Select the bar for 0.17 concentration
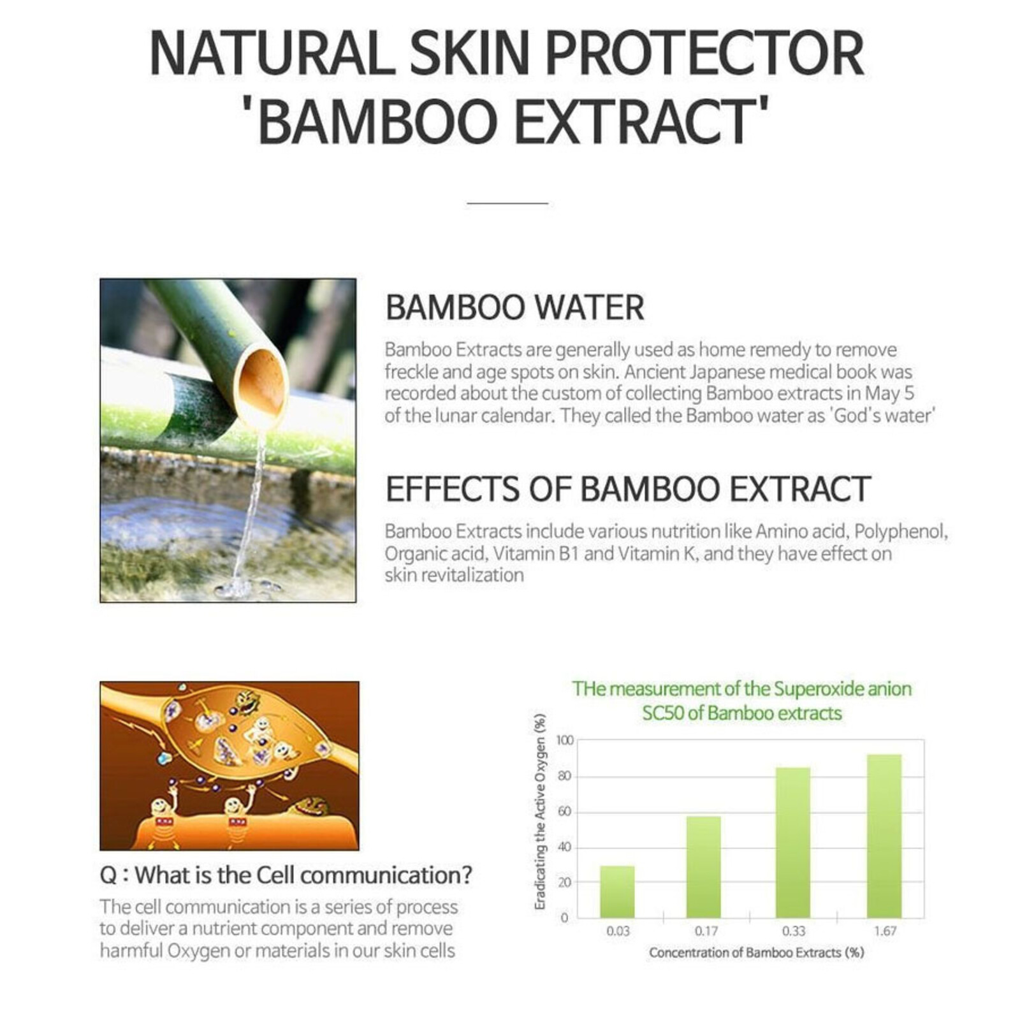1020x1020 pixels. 703,867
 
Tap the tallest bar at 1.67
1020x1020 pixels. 884,835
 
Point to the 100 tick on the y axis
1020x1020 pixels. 565,740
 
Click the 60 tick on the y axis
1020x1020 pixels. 565,812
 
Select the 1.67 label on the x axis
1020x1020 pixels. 885,931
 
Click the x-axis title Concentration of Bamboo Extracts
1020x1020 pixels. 756,952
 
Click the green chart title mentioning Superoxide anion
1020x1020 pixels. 741,700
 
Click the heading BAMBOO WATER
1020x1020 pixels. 514,307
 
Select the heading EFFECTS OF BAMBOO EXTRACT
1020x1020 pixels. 627,489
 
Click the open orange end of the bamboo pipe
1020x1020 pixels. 262,381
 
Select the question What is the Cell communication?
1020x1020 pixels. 286,875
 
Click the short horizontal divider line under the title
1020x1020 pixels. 507,203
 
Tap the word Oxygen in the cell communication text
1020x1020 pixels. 198,951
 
